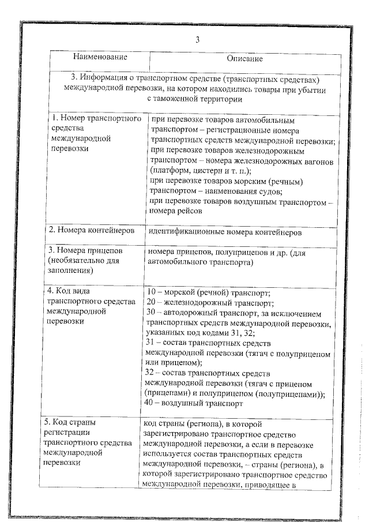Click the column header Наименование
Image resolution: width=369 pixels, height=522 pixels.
pyautogui.click(x=100, y=58)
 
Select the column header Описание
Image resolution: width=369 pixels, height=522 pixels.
pyautogui.click(x=244, y=58)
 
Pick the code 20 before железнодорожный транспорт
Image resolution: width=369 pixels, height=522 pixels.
pyautogui.click(x=152, y=302)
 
